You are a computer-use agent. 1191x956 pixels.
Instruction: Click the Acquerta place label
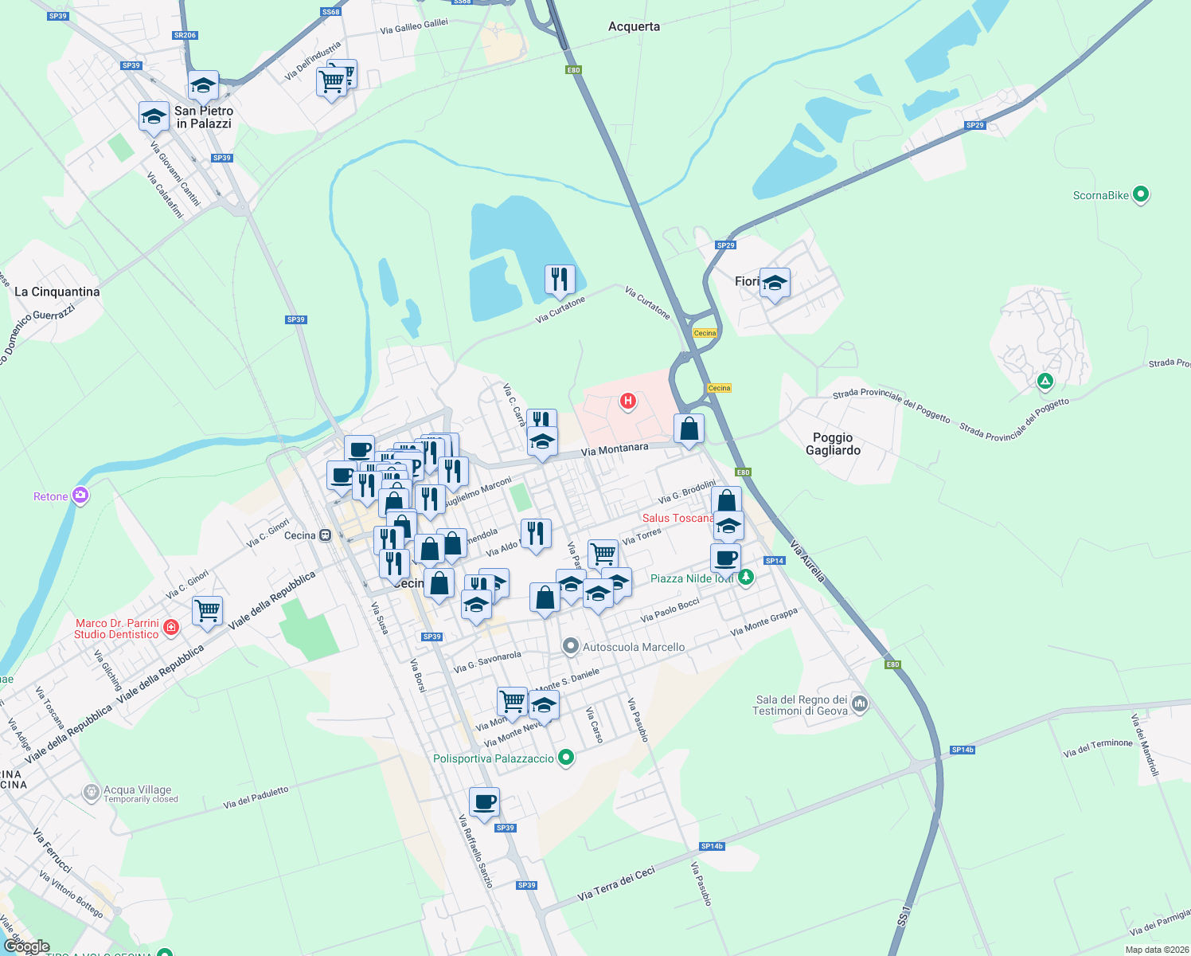click(x=634, y=26)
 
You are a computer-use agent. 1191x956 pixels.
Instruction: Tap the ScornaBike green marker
click(x=1140, y=194)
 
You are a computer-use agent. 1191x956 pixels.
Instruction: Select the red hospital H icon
click(x=627, y=401)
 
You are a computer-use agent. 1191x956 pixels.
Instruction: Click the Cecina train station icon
click(x=325, y=535)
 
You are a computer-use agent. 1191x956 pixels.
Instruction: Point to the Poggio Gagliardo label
click(x=833, y=444)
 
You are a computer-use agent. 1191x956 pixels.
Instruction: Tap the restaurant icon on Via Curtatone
click(x=560, y=280)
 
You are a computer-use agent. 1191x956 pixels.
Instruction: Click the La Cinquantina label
click(x=57, y=292)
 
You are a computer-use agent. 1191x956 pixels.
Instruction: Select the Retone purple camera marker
click(x=80, y=496)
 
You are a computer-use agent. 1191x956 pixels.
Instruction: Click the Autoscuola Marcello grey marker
click(x=570, y=646)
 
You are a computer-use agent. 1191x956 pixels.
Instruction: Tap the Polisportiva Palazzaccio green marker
click(x=566, y=758)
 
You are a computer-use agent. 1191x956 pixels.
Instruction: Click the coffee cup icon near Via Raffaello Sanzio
click(x=484, y=802)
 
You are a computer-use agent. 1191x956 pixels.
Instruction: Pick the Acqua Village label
click(x=137, y=789)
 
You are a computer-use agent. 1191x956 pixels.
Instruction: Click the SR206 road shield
click(x=185, y=35)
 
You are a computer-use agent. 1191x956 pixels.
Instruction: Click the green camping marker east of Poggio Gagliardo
click(x=1045, y=382)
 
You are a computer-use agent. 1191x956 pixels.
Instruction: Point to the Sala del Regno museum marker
click(x=860, y=703)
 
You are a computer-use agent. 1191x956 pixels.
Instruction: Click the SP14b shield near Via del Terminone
click(x=963, y=750)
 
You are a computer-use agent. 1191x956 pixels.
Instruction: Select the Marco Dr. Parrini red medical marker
click(x=170, y=629)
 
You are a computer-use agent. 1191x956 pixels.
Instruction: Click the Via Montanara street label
click(x=614, y=450)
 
